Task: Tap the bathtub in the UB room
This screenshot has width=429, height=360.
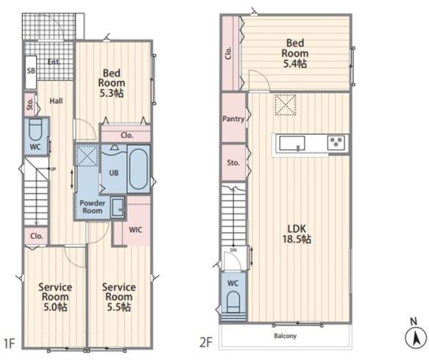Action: tap(139, 169)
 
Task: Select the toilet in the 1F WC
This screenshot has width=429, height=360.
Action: tap(35, 130)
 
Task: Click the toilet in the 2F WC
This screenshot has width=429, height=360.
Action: tap(233, 302)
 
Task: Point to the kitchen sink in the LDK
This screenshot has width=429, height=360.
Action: tap(292, 143)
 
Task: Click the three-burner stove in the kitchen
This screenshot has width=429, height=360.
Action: tap(336, 142)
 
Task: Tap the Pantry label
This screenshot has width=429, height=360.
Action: tap(233, 119)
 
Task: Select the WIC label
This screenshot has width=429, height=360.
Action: tap(135, 230)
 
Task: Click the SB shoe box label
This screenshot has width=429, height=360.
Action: tap(31, 71)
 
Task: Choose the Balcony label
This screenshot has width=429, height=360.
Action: tap(285, 336)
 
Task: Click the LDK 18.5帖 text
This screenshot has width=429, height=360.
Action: tap(297, 234)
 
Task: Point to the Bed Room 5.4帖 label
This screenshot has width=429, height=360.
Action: tap(295, 54)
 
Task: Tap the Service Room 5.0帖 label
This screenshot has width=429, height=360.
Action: tap(55, 297)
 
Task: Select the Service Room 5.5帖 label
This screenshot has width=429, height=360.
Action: tap(119, 297)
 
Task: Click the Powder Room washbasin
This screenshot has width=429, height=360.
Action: tap(118, 208)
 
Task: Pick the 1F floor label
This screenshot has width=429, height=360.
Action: tap(9, 343)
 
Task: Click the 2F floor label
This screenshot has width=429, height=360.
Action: tap(206, 343)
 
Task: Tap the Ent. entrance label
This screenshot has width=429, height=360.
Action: tap(54, 62)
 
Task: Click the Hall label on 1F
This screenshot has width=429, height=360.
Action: tap(56, 101)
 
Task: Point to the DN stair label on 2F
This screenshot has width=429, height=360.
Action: tap(233, 250)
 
